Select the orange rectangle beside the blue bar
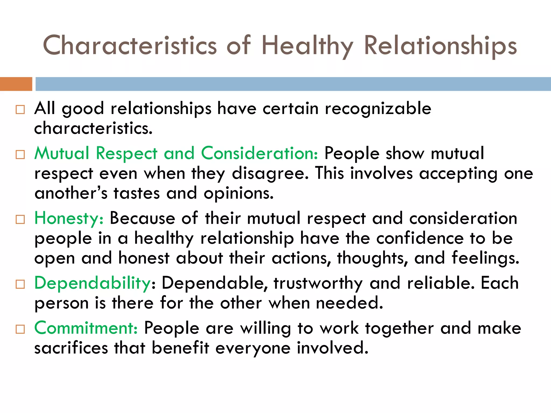click(16, 84)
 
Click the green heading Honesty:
click(69, 218)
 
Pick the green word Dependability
click(92, 283)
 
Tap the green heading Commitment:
click(86, 328)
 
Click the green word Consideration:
click(260, 153)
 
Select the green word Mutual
click(62, 153)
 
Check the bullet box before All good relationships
click(20, 110)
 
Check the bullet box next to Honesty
click(20, 219)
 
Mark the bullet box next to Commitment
click(20, 329)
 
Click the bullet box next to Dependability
click(20, 284)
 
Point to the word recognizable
click(378, 109)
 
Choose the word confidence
click(420, 238)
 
